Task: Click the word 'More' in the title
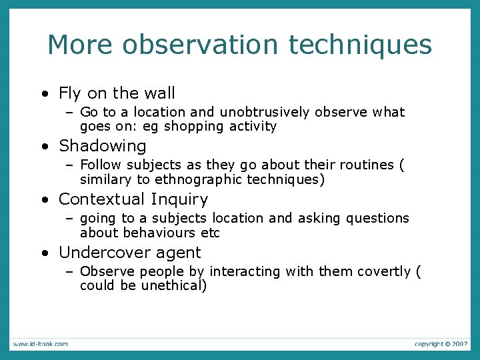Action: click(71, 45)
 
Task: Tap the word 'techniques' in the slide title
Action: click(361, 45)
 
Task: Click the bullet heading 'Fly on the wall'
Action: click(117, 93)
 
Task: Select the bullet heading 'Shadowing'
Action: click(102, 146)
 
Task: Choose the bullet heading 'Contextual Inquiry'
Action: click(133, 199)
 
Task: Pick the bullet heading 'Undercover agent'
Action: click(129, 253)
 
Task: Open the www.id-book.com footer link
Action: click(39, 344)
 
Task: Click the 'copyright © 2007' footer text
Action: click(441, 344)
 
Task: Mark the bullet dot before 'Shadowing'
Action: click(43, 147)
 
